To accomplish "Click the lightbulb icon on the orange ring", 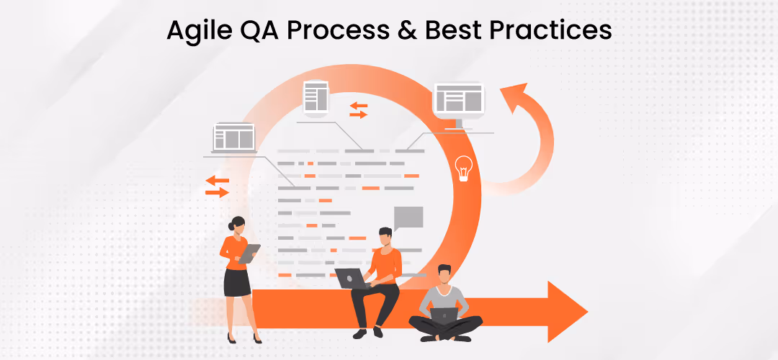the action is tap(465, 168).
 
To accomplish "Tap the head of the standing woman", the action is tap(237, 225).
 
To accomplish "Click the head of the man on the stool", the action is tap(386, 237).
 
